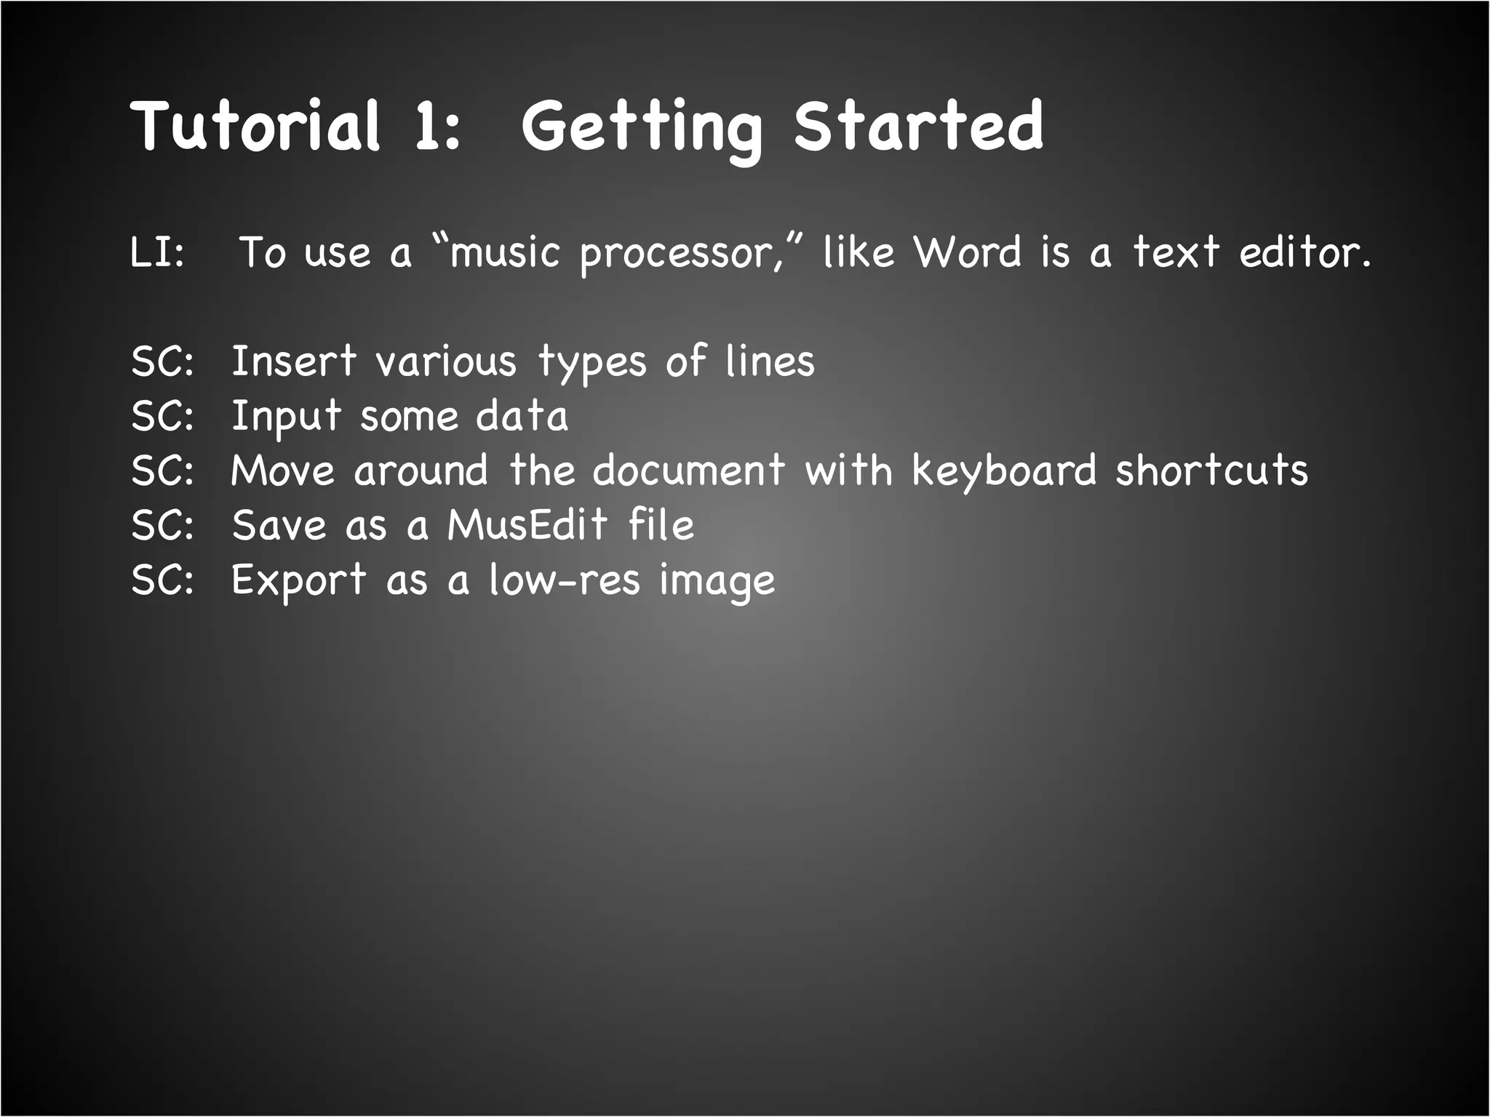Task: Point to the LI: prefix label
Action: (157, 252)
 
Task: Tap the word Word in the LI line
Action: (968, 252)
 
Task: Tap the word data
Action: (522, 416)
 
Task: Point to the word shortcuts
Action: (1212, 470)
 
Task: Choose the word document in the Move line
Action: (688, 470)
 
